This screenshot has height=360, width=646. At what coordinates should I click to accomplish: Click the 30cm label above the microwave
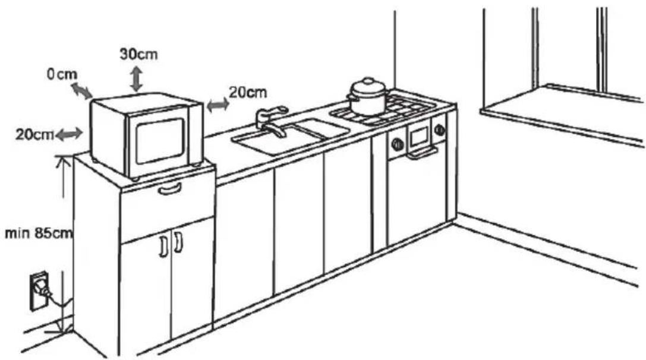click(138, 55)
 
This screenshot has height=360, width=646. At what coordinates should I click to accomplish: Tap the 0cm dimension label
click(62, 74)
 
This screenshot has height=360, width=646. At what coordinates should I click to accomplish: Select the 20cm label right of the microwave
click(248, 92)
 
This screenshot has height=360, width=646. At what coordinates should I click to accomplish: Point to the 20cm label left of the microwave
click(34, 135)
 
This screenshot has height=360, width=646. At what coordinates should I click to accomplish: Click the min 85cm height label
click(39, 233)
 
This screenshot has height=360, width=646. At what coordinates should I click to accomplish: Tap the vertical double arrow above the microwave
click(137, 79)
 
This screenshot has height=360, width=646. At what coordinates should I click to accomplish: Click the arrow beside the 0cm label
click(81, 91)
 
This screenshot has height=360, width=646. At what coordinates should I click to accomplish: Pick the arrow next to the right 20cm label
click(218, 105)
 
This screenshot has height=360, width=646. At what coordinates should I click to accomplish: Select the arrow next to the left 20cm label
click(69, 134)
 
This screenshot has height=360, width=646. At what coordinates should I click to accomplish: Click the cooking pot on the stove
click(367, 97)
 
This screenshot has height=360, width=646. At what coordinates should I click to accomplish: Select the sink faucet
click(271, 122)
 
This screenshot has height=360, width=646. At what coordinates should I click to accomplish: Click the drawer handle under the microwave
click(170, 189)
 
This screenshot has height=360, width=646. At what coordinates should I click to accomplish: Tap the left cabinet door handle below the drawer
click(162, 247)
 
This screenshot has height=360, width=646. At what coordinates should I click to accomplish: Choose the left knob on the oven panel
click(397, 144)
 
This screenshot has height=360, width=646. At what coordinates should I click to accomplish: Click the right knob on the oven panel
click(440, 130)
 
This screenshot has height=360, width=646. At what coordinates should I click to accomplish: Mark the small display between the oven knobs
click(419, 137)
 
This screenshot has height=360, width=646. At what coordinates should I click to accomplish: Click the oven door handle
click(422, 153)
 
